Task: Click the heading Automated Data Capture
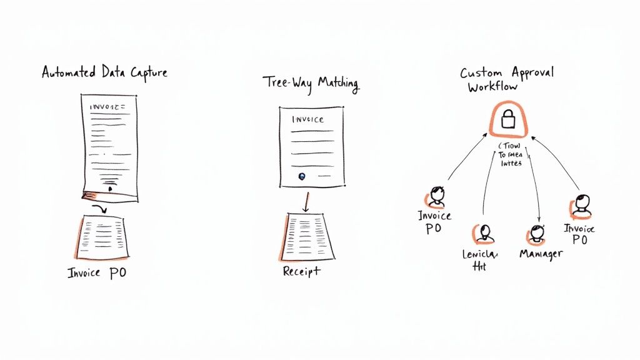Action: (104, 72)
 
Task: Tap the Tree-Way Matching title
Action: (311, 84)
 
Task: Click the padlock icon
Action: (508, 118)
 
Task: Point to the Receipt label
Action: (301, 271)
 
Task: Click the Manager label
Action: (541, 254)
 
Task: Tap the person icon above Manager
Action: (536, 234)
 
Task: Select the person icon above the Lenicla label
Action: (486, 233)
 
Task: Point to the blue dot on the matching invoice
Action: (302, 176)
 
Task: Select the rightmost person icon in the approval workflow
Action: (581, 206)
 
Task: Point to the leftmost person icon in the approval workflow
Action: (436, 196)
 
